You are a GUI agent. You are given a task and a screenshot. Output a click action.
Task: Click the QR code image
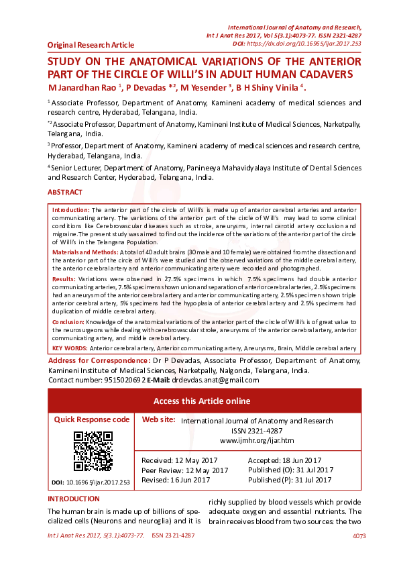click(93, 451)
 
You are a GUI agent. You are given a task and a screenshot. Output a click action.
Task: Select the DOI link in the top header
click(304, 43)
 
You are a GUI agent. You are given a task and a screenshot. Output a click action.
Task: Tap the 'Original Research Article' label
click(91, 45)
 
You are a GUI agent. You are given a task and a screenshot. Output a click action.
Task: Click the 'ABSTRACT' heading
click(65, 193)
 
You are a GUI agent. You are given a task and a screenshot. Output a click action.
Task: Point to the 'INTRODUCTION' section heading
click(74, 499)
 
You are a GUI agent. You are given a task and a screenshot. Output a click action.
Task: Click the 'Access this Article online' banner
click(202, 401)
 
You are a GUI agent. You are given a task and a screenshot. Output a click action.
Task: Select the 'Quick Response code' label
click(92, 419)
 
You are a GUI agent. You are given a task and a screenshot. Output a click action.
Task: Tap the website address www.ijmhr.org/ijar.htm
click(257, 440)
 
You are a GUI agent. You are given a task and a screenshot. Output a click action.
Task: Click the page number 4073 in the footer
click(359, 536)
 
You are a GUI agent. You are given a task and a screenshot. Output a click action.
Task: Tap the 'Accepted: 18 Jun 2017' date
click(285, 460)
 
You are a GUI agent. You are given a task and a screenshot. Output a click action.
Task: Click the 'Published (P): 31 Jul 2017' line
click(290, 480)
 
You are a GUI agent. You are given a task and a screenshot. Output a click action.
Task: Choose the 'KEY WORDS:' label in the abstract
click(69, 348)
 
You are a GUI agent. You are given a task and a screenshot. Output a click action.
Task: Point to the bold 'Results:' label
click(64, 278)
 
